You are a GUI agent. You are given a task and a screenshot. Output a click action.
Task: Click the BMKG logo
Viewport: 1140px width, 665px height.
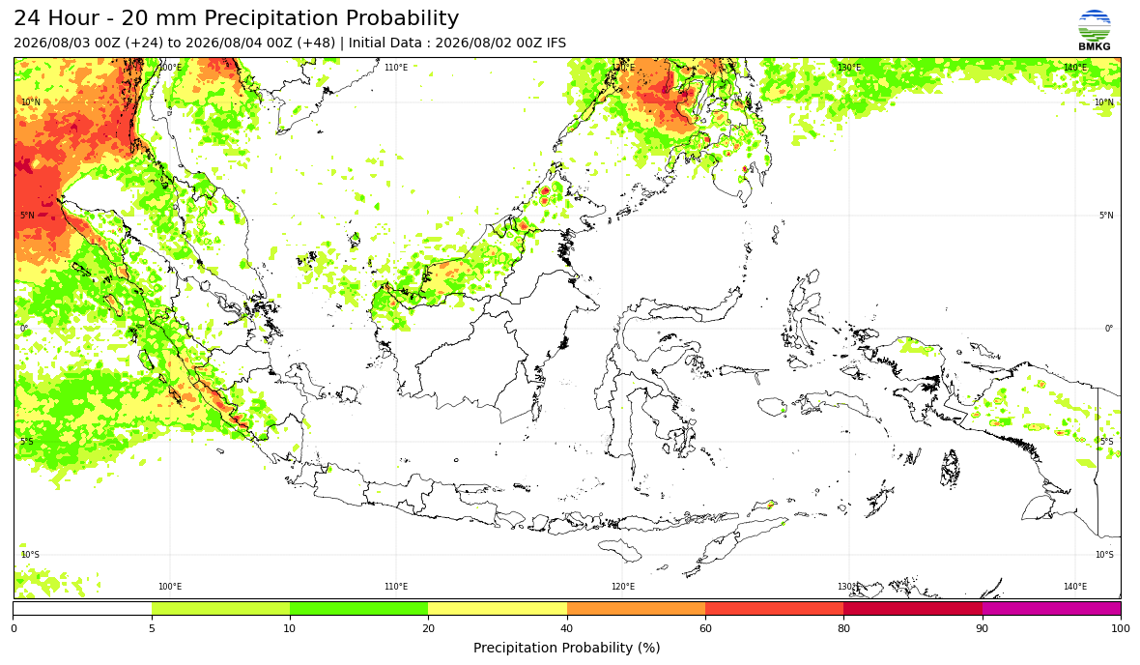coord(1095,30)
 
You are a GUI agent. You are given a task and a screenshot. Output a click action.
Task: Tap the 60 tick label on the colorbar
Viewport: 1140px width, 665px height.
coord(705,628)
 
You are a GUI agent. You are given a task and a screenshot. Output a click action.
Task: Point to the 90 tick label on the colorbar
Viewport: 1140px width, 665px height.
coord(983,628)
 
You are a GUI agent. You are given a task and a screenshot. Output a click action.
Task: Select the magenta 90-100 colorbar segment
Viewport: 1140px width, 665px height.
coord(1051,608)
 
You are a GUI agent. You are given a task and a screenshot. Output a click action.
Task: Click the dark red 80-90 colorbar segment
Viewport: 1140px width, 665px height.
coord(913,608)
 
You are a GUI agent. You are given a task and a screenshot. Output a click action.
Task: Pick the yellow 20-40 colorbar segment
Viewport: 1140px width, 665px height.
coord(498,608)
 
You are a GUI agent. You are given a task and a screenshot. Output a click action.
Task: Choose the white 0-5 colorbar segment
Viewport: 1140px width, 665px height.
coord(82,608)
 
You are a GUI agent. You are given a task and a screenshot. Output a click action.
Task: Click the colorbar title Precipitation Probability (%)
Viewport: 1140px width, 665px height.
coord(566,648)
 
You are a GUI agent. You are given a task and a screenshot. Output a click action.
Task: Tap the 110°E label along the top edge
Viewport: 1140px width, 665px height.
coord(396,68)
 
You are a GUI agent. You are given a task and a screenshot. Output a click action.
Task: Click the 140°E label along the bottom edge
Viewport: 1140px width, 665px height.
coord(1075,587)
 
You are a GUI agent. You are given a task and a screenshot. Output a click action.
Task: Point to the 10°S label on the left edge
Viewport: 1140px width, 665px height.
coord(31,555)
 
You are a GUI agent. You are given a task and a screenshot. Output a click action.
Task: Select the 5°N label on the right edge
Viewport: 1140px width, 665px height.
coord(1106,216)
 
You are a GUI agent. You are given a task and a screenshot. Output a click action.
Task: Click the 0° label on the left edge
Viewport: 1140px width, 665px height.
coord(24,328)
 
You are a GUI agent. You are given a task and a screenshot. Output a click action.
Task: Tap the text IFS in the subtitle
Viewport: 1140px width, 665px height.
coord(556,43)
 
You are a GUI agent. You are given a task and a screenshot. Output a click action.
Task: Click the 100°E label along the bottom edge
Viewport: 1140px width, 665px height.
coord(170,587)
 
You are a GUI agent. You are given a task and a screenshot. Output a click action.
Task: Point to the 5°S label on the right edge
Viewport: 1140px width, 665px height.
coord(1106,442)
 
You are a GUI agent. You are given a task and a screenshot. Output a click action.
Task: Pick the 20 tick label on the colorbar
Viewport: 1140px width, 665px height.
coord(428,628)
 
